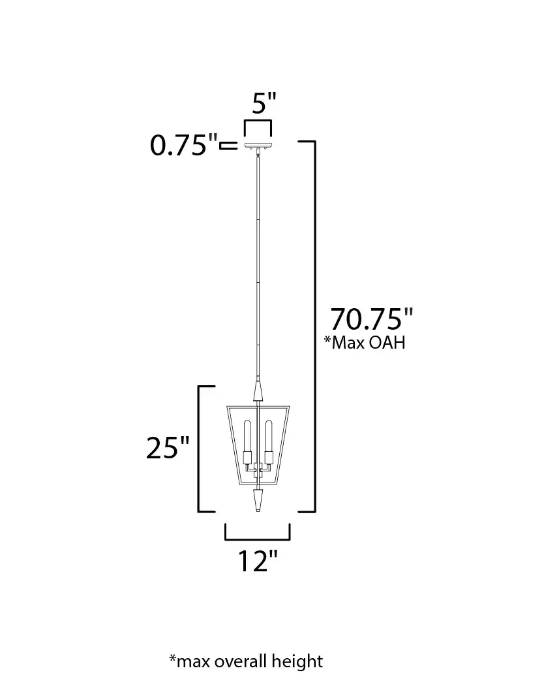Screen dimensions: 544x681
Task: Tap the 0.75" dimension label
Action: click(183, 145)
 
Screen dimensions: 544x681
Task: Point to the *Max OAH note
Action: click(365, 343)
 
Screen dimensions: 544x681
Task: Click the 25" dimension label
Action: click(168, 448)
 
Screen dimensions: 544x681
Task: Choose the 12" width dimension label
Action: click(257, 561)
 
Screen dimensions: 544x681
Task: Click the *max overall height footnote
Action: click(246, 661)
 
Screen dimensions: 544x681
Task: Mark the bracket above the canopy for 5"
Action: click(258, 121)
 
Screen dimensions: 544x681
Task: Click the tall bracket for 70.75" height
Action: click(314, 326)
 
